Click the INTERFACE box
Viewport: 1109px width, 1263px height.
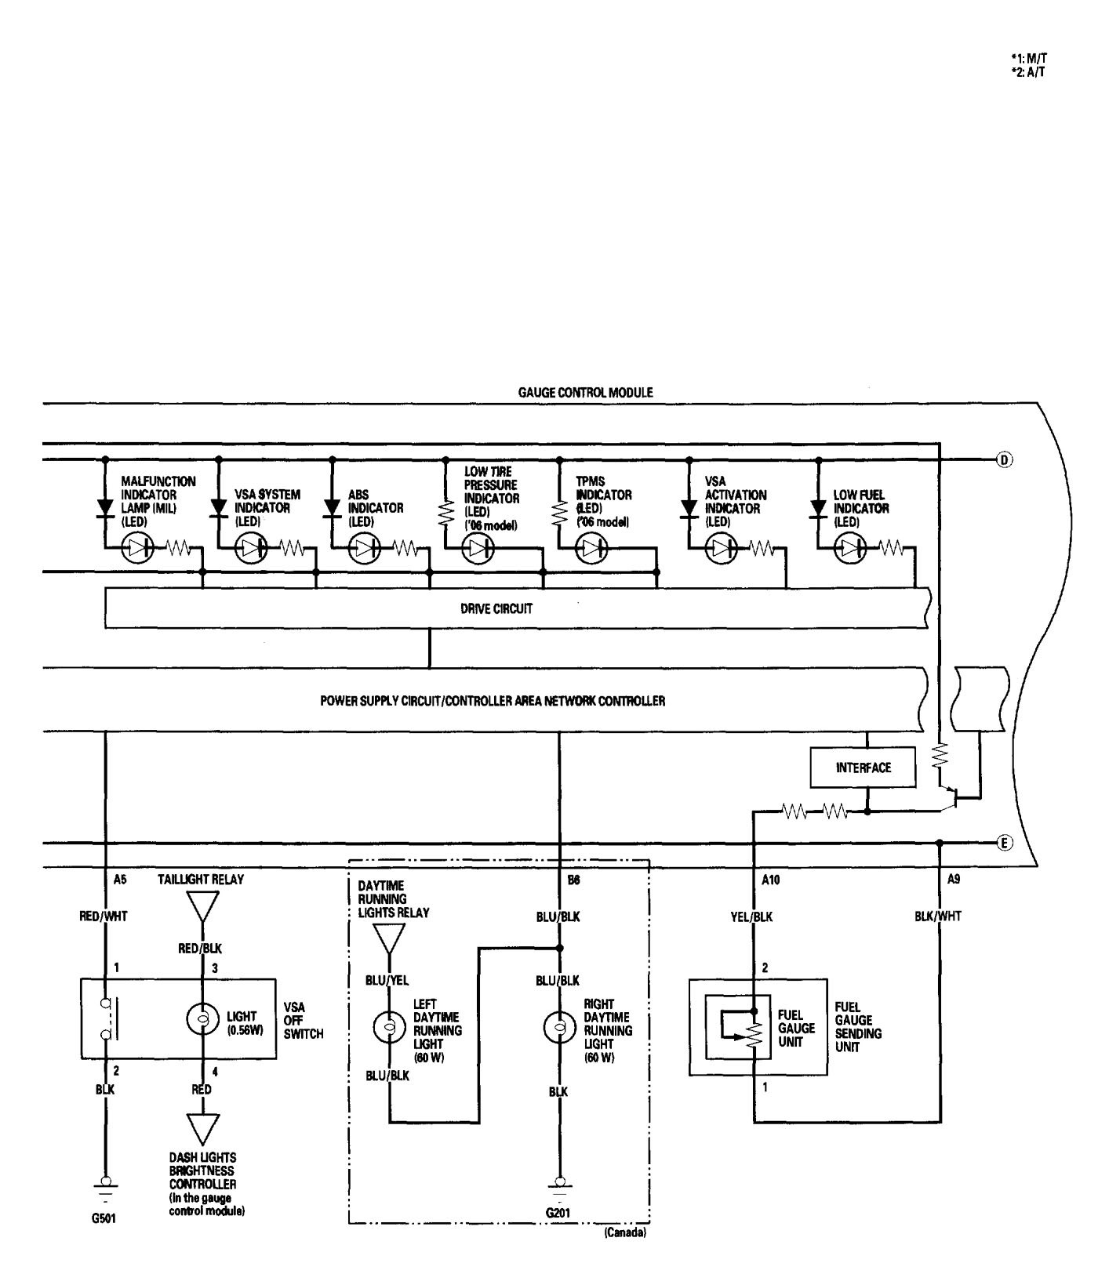tap(863, 768)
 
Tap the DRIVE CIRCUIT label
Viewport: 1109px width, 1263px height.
tap(507, 608)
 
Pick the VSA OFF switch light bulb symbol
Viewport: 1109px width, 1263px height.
tap(202, 1019)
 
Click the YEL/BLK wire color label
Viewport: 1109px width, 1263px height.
tap(751, 916)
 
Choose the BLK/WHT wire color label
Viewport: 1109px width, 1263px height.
tap(937, 916)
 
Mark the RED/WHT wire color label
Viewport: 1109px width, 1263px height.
tap(104, 916)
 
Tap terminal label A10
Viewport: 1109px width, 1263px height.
tap(771, 880)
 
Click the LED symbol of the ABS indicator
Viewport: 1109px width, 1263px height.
tap(362, 549)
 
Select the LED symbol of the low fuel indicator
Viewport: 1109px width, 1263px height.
tap(849, 549)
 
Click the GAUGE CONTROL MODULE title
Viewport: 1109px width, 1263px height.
tap(585, 392)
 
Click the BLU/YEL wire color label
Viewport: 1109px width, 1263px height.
tap(387, 980)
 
